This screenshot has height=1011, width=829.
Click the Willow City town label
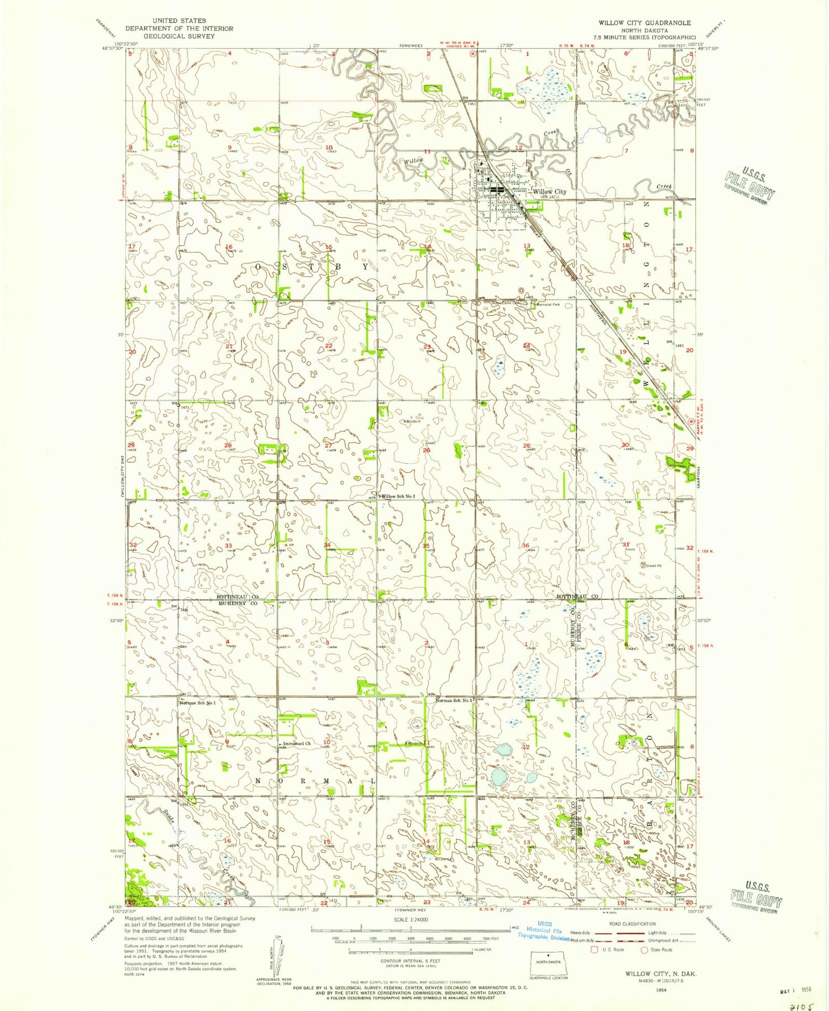click(549, 192)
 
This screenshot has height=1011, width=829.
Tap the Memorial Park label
click(547, 304)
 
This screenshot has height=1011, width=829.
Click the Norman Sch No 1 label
click(197, 703)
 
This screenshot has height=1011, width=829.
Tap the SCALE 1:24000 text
click(411, 920)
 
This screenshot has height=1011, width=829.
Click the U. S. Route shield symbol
click(595, 950)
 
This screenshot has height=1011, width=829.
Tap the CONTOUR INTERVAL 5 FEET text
click(411, 961)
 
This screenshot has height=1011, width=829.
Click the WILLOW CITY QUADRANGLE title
click(644, 23)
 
